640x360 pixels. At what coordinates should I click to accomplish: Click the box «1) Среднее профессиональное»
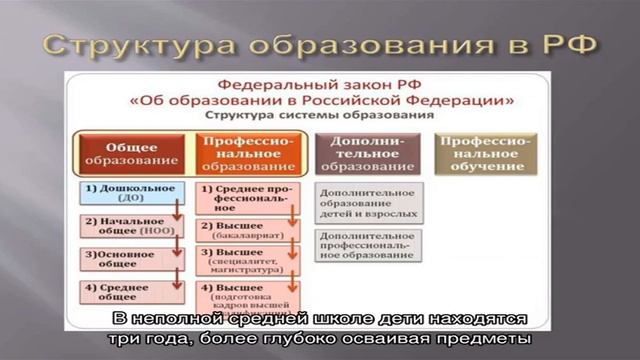point(245,195)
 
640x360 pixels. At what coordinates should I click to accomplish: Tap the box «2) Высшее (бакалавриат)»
point(245,229)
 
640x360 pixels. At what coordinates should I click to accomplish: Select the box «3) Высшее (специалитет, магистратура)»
point(245,261)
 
